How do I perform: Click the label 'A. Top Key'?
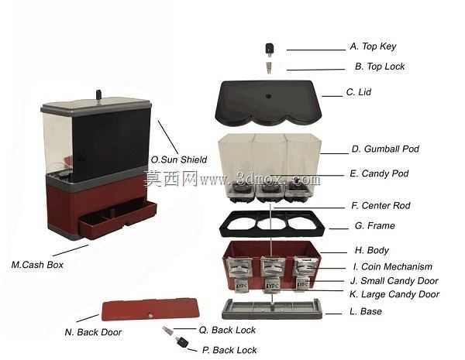pyautogui.click(x=373, y=46)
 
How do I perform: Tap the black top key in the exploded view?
pyautogui.click(x=269, y=50)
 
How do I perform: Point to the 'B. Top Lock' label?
pyautogui.click(x=380, y=67)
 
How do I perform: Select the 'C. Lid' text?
pyautogui.click(x=359, y=92)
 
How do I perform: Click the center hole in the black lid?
pyautogui.click(x=269, y=96)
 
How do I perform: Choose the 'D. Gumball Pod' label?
pyautogui.click(x=385, y=149)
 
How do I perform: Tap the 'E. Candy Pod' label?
pyautogui.click(x=379, y=173)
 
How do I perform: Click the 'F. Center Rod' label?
pyautogui.click(x=381, y=205)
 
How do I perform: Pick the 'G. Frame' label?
pyautogui.click(x=375, y=226)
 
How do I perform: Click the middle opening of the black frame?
pyautogui.click(x=270, y=224)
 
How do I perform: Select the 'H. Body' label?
pyautogui.click(x=372, y=250)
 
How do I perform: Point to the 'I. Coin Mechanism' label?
pyautogui.click(x=393, y=266)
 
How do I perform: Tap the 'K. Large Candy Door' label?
pyautogui.click(x=394, y=294)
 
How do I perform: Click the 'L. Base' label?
pyautogui.click(x=366, y=311)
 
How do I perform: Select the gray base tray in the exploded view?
pyautogui.click(x=272, y=309)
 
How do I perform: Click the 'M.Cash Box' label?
pyautogui.click(x=37, y=265)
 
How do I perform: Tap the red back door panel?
pyautogui.click(x=150, y=309)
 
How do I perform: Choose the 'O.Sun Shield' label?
pyautogui.click(x=179, y=159)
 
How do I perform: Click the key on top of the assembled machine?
pyautogui.click(x=98, y=95)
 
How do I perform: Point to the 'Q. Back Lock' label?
pyautogui.click(x=227, y=330)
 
